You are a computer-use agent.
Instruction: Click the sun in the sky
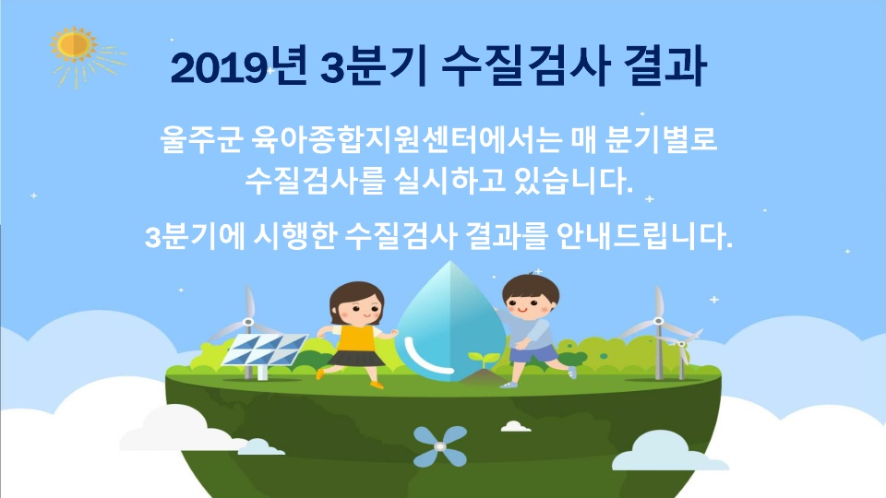(75, 45)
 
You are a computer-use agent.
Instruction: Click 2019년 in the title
(239, 67)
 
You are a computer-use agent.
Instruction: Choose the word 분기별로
(661, 139)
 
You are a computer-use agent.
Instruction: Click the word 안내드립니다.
(644, 236)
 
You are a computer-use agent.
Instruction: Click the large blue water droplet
(450, 321)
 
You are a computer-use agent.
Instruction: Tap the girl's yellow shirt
(355, 338)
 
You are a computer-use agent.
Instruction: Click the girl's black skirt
(355, 358)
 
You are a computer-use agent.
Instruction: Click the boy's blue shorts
(533, 353)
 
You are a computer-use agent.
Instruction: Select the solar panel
(264, 350)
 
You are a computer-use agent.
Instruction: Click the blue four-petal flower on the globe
(440, 446)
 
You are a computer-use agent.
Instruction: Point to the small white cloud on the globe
(516, 426)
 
